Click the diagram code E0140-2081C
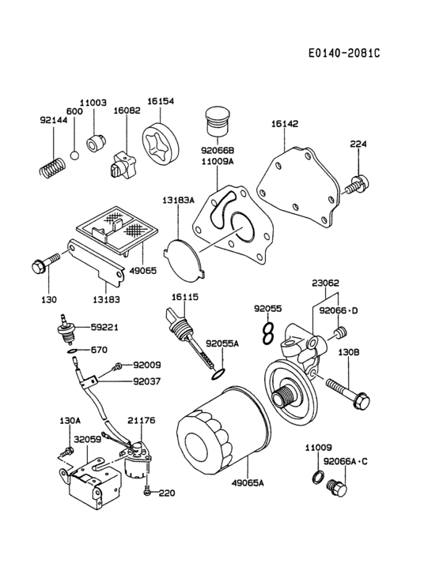[345, 53]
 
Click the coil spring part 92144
[52, 167]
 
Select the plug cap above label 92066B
[216, 124]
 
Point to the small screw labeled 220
[148, 493]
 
